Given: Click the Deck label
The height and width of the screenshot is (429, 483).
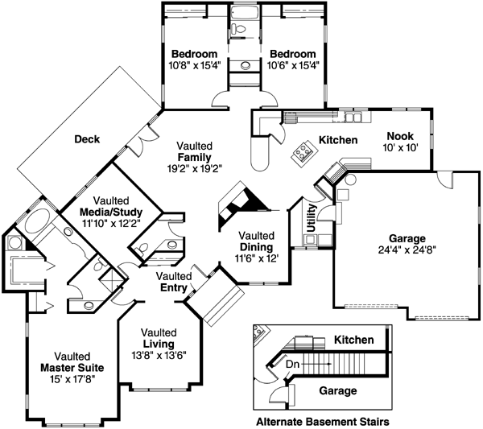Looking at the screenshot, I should [86, 139].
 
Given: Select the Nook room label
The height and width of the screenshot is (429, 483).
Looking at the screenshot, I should [399, 136].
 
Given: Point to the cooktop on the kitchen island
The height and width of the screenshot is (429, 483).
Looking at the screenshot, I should [303, 151].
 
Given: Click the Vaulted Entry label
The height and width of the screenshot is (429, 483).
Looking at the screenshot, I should [172, 282].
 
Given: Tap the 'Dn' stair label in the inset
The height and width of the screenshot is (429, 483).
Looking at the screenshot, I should [294, 364].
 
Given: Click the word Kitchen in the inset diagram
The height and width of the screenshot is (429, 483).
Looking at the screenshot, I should [355, 340].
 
